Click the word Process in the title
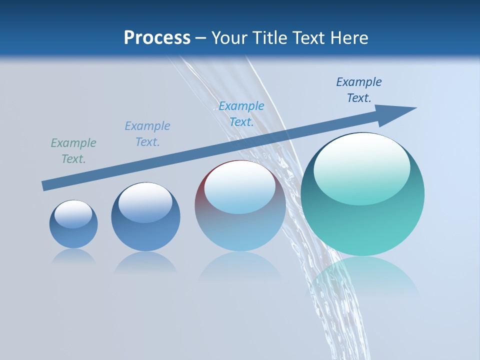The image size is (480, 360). tap(157, 38)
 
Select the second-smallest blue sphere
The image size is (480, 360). tap(145, 220)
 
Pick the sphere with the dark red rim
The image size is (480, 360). tap(240, 210)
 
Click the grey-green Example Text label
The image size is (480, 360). tap(73, 151)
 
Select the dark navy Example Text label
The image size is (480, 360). tap(359, 90)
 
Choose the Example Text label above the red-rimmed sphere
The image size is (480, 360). tap(241, 114)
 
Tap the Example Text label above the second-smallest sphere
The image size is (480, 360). tap(147, 134)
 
